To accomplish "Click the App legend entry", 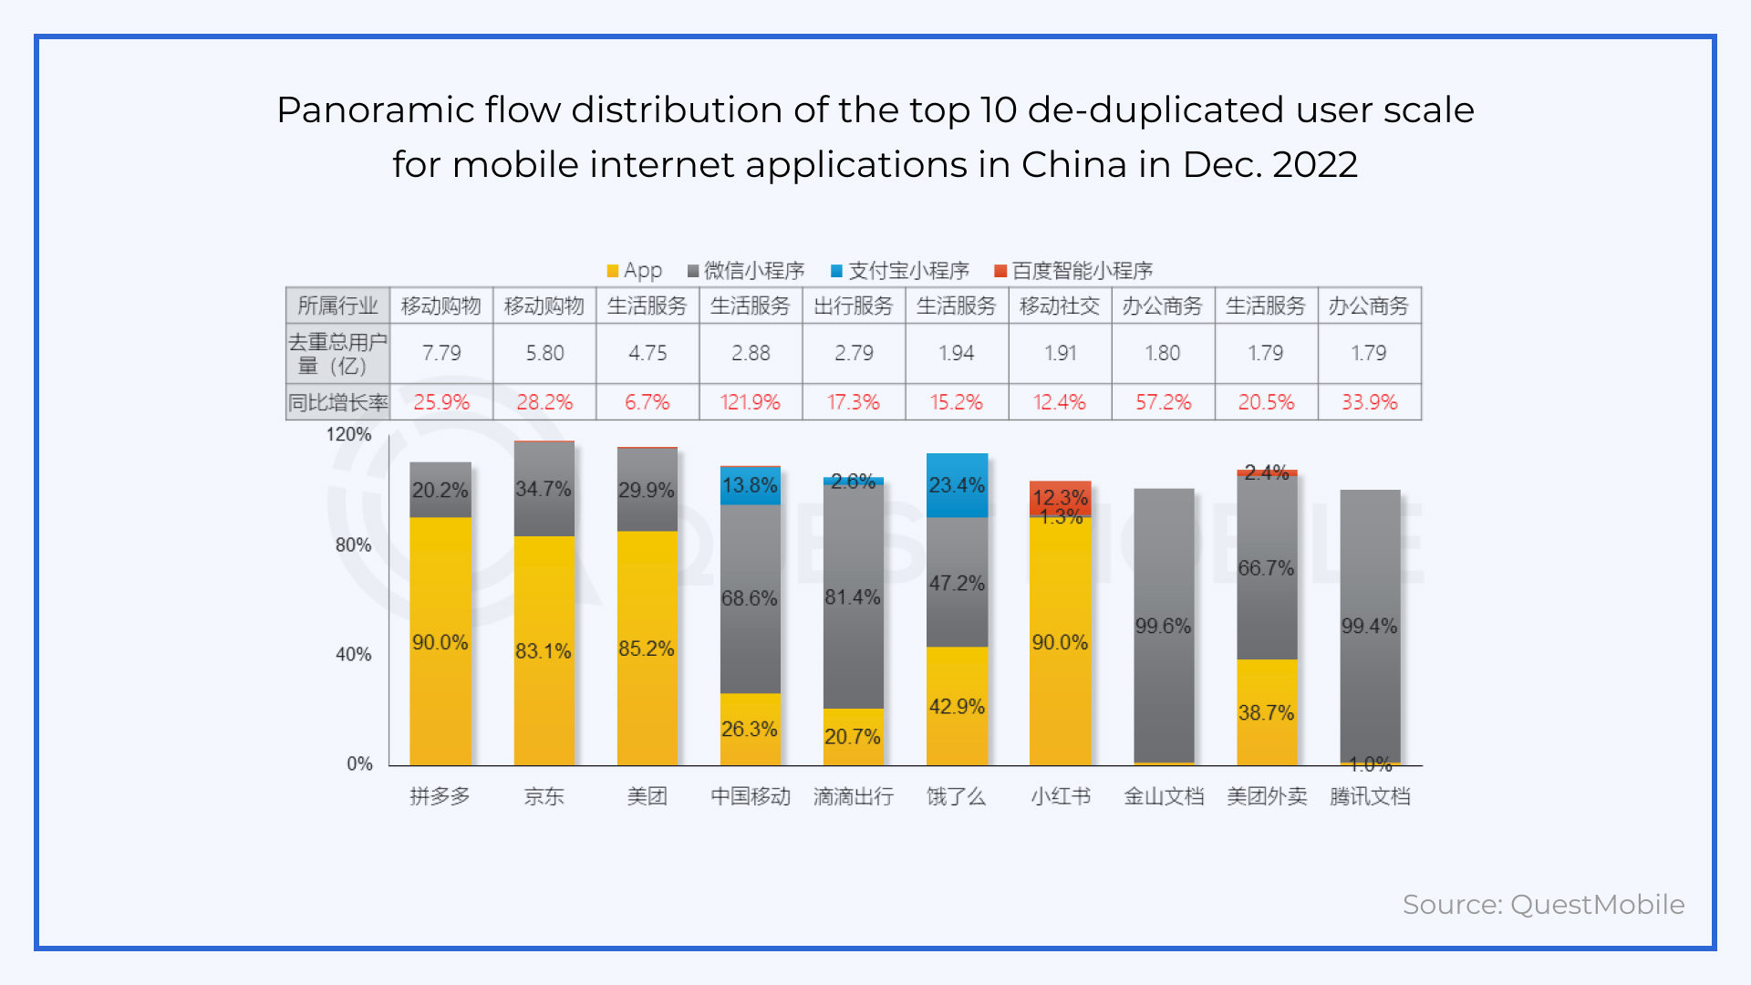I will point(635,271).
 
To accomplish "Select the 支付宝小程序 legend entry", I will point(899,271).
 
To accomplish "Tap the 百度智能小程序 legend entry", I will point(1073,271).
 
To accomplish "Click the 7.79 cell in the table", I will point(441,353).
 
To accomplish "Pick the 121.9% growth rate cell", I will point(750,402).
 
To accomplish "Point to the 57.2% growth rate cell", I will point(1163,402).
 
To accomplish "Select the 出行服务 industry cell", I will point(853,306).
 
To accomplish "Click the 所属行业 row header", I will point(337,306).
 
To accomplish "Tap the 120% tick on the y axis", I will point(349,434).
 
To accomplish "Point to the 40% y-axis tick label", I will point(353,654).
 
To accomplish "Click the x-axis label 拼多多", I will point(440,796).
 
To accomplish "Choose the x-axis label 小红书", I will point(1060,796).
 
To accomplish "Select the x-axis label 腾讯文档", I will point(1369,796).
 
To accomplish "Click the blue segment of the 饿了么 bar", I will point(957,485).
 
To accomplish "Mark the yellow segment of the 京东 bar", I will point(544,650).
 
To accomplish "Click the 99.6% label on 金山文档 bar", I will point(1163,626).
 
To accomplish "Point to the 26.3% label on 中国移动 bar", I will point(750,729).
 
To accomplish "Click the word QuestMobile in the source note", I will point(1597,905).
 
